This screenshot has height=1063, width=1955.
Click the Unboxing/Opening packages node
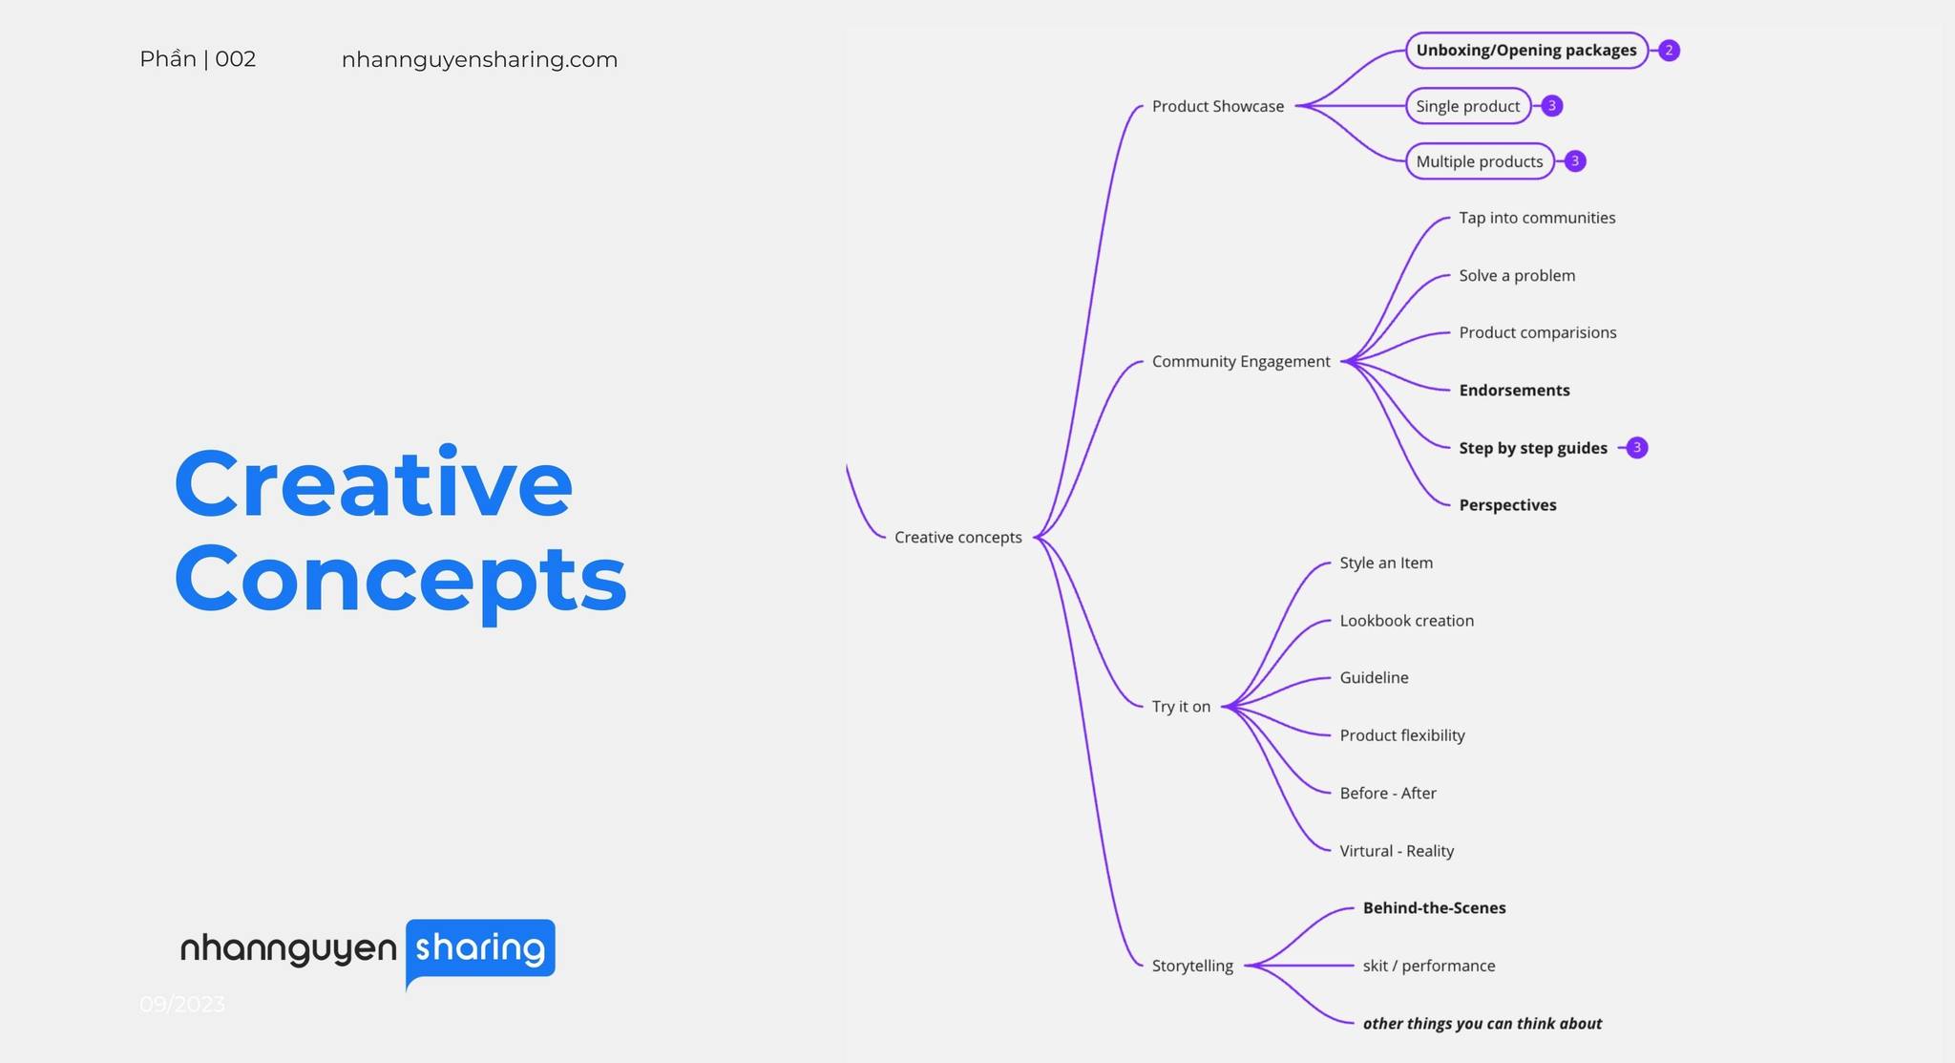[x=1525, y=51]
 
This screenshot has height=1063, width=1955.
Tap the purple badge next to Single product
[x=1552, y=106]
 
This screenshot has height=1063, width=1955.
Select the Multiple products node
[x=1479, y=161]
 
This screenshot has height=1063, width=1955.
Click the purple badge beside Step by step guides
[x=1637, y=448]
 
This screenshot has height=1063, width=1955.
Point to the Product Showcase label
[x=1217, y=106]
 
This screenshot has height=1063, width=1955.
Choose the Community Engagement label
[x=1240, y=361]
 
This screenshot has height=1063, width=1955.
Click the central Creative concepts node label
[x=957, y=537]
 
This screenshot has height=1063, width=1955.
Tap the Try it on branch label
[x=1181, y=707]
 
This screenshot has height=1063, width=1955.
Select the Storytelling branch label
[x=1192, y=966]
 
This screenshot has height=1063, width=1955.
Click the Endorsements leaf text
[x=1514, y=391]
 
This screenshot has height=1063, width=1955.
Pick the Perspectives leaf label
[x=1507, y=505]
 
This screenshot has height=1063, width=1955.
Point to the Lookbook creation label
[x=1406, y=621]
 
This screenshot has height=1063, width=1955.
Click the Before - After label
[x=1387, y=793]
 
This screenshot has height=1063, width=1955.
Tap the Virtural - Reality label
[x=1397, y=851]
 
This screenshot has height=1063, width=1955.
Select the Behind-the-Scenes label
[x=1434, y=908]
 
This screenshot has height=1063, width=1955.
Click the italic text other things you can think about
[x=1482, y=1024]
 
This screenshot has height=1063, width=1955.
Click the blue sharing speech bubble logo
[x=480, y=948]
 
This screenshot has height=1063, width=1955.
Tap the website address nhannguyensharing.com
[x=479, y=59]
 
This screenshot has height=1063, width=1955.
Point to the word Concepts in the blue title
[x=401, y=579]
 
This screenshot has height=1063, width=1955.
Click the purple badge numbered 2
[x=1669, y=51]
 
